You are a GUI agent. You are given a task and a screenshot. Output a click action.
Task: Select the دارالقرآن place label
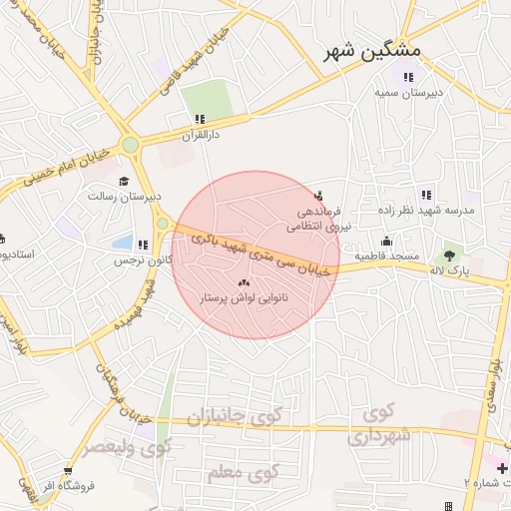(200, 133)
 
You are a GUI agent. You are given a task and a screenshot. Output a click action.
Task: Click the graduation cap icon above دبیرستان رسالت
(124, 181)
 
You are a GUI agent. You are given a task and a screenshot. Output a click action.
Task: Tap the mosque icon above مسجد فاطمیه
(387, 241)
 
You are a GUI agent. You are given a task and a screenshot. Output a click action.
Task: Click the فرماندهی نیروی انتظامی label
(315, 220)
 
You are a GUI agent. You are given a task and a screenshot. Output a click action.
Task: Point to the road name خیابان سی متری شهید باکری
(261, 253)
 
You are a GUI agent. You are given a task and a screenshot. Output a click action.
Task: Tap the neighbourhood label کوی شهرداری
(379, 425)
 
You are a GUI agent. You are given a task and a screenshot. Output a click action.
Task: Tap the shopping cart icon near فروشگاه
(68, 470)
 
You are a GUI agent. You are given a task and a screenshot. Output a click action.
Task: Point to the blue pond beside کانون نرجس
(122, 243)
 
